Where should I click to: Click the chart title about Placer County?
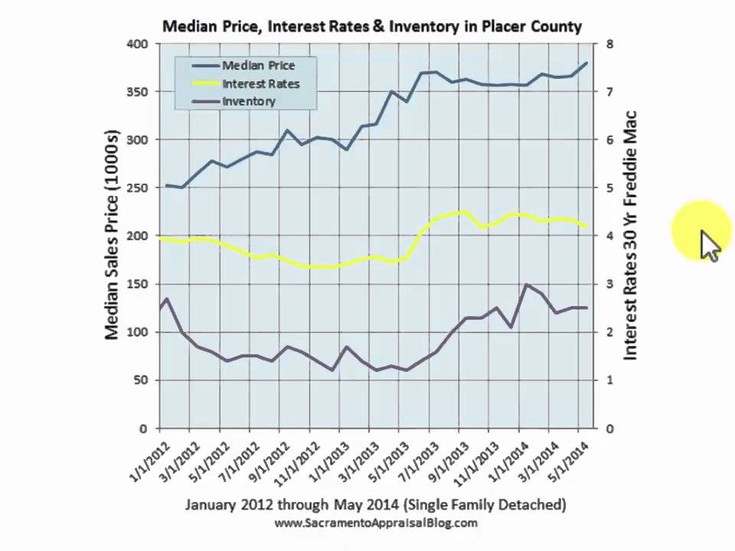coord(372,26)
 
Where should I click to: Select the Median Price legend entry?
coord(257,65)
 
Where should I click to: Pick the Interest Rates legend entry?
coord(260,83)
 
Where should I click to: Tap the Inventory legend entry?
coord(248,100)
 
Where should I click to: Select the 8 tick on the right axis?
coord(609,44)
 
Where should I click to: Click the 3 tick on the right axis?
coord(609,284)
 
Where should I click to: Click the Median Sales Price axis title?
coord(113,236)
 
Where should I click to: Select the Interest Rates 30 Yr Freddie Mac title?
coord(630,236)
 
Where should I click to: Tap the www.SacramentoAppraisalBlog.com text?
coord(375,523)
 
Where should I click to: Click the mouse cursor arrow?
coord(710,245)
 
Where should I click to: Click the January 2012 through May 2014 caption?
coord(375,504)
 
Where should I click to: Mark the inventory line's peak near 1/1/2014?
coord(527,285)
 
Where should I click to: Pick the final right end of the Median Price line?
coord(587,63)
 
